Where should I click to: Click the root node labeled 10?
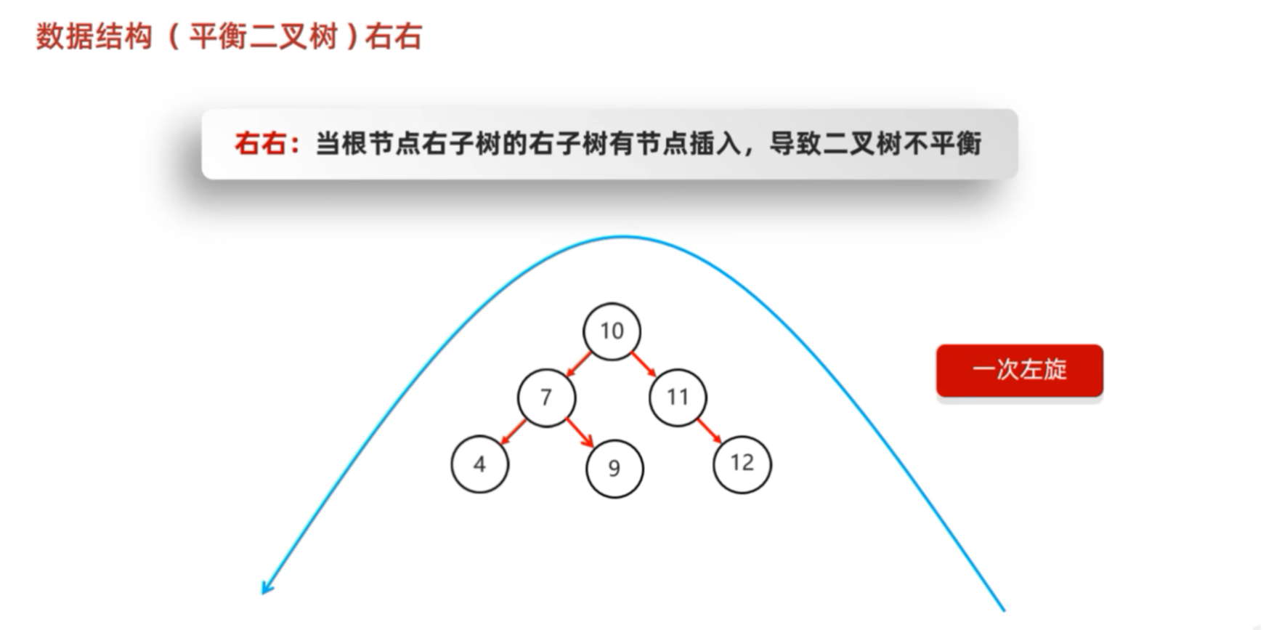coord(612,331)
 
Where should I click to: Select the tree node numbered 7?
coord(546,397)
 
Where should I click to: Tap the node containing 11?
coord(677,397)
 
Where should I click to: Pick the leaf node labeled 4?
coord(479,464)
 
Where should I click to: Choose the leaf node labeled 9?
coord(614,469)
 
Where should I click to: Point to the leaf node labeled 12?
coord(742,463)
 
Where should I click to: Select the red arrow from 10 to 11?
coord(644,364)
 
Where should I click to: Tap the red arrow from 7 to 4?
coord(514,431)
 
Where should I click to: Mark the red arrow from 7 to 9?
coord(580,433)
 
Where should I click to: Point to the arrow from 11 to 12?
coord(709,430)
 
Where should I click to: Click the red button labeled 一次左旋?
coord(1019,370)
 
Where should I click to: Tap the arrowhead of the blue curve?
coord(267,587)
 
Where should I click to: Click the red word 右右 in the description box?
coord(259,144)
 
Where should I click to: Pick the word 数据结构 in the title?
coord(94,36)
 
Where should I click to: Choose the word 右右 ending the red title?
coord(393,36)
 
